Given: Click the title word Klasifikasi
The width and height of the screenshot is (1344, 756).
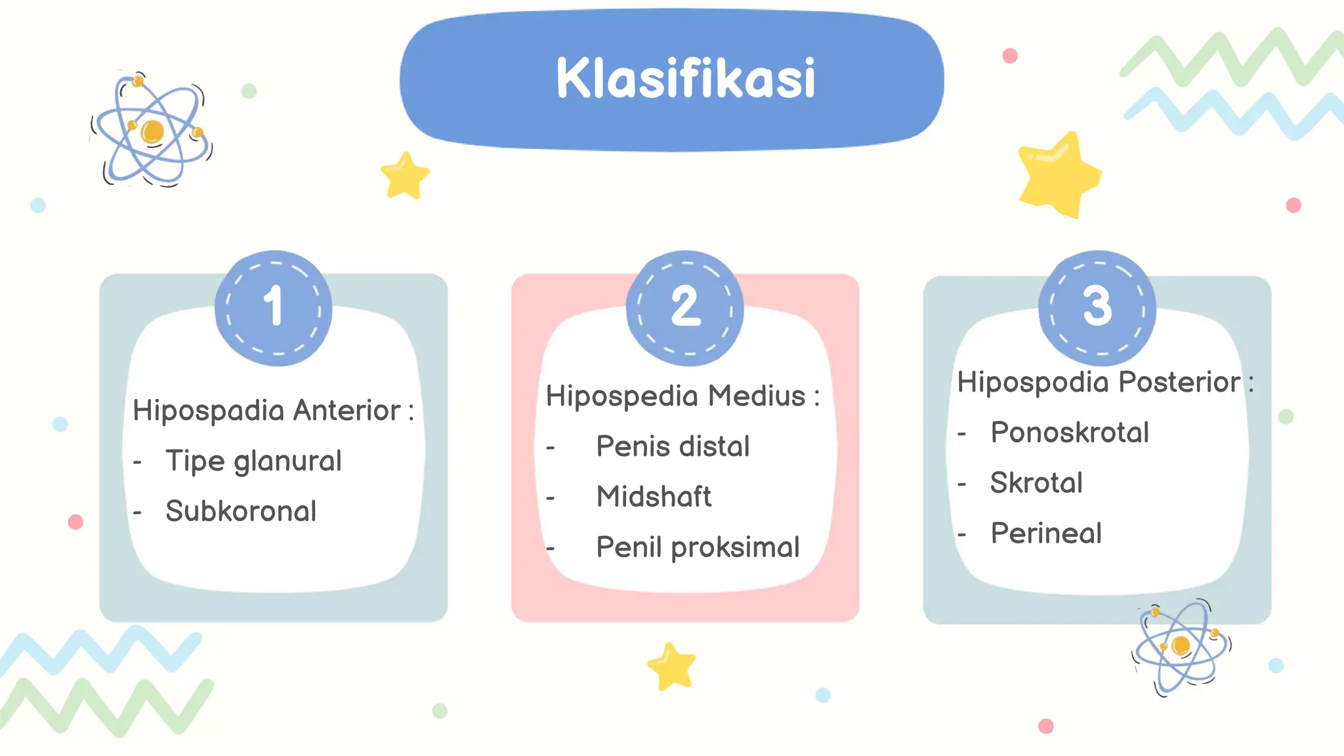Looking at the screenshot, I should point(685,79).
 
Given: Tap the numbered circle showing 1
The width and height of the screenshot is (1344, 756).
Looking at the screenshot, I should point(274,307).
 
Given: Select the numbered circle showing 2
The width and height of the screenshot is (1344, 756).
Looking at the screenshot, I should point(685,307).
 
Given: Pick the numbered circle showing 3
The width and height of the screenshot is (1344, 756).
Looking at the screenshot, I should point(1097,307).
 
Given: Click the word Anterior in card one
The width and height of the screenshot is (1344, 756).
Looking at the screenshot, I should point(346,411).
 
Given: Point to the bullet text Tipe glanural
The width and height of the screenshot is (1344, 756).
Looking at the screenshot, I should point(253,461).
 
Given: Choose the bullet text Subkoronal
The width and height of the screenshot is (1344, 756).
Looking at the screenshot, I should point(241,511).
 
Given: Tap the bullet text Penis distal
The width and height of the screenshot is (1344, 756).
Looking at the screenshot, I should point(673,447).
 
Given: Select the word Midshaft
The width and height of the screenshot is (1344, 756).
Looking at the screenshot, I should point(654,497).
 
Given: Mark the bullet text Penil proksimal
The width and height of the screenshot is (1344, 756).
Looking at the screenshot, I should point(698,547).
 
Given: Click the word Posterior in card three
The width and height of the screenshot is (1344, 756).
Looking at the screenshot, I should point(1179,383).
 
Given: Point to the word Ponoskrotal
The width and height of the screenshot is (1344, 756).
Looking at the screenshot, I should point(1070,433).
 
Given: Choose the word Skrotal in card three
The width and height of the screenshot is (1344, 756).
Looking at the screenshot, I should point(1036,484).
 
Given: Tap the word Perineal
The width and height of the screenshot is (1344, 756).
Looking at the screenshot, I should point(1046,534).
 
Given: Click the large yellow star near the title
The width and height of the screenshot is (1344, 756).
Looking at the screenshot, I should point(1058,175).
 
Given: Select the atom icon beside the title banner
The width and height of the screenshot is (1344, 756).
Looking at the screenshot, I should point(152,130).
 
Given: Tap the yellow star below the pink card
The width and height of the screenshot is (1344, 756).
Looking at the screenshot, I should point(671,666).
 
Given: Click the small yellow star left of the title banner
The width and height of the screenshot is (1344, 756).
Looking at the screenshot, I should point(405,175).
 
